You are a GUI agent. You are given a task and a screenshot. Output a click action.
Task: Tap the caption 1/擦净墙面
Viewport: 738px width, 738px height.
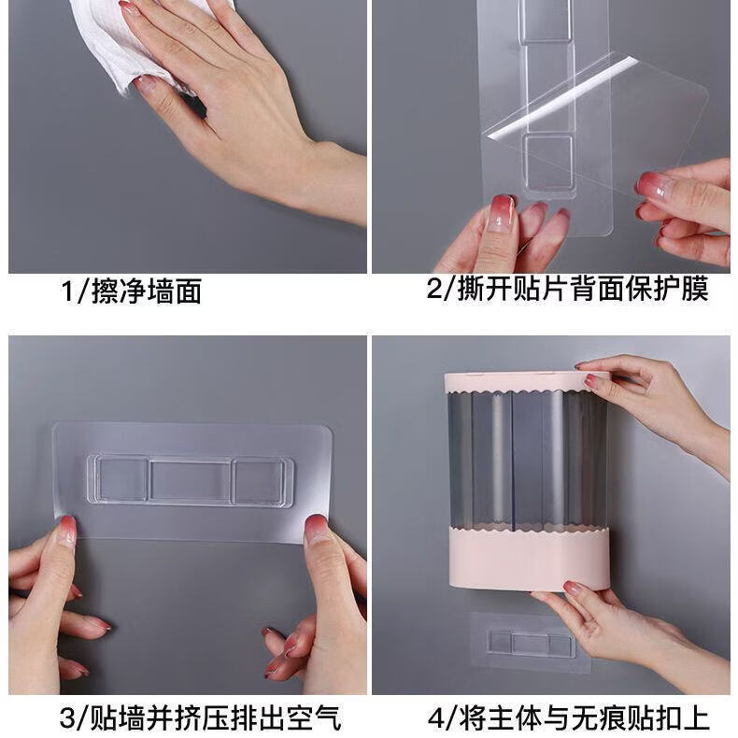tap(132, 291)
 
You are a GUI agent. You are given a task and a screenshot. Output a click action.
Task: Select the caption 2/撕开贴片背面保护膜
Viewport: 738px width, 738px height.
tap(567, 289)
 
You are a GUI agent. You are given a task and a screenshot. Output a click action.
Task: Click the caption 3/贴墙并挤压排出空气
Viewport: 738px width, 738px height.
tap(200, 717)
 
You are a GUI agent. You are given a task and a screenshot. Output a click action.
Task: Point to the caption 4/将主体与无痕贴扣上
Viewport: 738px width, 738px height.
tap(569, 718)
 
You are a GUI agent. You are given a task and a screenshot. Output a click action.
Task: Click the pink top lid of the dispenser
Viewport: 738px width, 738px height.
tap(526, 382)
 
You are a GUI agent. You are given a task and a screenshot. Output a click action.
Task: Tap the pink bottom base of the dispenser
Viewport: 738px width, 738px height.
tap(529, 559)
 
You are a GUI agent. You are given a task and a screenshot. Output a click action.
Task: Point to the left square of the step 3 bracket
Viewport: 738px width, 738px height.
tap(122, 479)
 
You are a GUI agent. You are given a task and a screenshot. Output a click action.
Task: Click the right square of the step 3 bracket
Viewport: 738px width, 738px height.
tap(259, 481)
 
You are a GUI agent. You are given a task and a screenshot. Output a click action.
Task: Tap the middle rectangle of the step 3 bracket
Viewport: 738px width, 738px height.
tap(191, 480)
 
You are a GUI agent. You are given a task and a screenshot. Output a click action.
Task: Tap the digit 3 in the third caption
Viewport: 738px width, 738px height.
tap(68, 718)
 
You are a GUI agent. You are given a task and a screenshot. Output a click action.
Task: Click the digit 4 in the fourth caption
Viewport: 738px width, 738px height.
tap(436, 719)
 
